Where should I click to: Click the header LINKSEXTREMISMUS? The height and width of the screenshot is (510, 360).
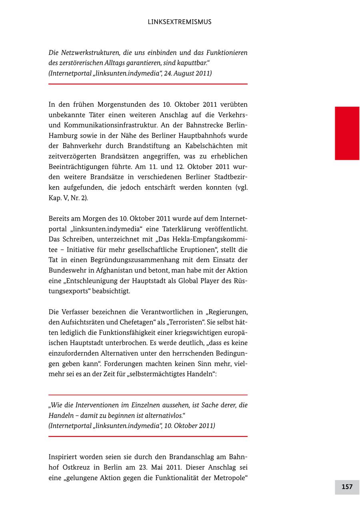pyautogui.click(x=179, y=22)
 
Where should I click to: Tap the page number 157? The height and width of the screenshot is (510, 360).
pyautogui.click(x=347, y=487)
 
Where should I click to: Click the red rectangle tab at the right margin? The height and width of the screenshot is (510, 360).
pyautogui.click(x=347, y=133)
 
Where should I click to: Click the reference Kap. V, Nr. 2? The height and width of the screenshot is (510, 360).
pyautogui.click(x=68, y=198)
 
